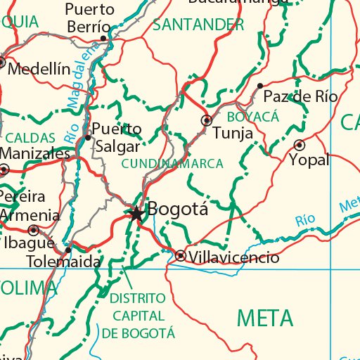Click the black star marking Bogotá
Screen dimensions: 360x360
point(136,212)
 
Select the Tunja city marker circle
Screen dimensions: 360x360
point(207,120)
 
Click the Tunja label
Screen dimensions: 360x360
point(233,133)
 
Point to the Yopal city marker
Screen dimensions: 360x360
point(300,145)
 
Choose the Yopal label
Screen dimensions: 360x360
point(309,160)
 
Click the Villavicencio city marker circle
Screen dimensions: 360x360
point(181,256)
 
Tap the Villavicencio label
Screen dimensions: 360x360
point(234,258)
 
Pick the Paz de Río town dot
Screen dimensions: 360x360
point(260,86)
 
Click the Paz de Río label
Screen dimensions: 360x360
point(300,97)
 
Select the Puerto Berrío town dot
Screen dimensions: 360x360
point(103,38)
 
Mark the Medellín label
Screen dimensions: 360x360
point(40,68)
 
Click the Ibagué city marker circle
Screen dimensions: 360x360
point(33,230)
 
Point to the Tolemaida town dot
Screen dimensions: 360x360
point(67,250)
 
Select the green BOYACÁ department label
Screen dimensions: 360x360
point(253,116)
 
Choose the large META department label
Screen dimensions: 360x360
point(265,319)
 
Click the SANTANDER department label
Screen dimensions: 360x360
point(198,25)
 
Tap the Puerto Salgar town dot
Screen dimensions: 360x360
point(87,137)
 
